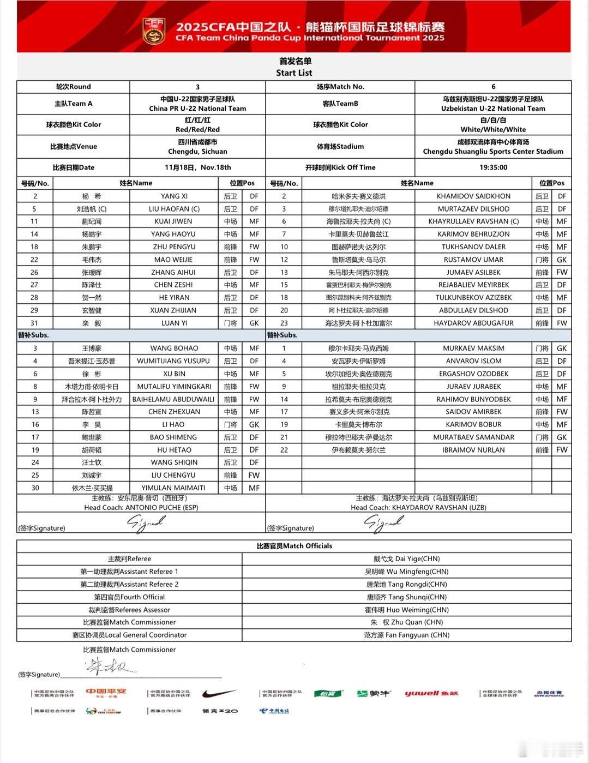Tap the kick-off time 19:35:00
493,167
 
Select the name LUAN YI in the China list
174,323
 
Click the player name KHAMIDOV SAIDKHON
473,196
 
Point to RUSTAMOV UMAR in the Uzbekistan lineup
473,260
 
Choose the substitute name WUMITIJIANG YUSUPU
173,361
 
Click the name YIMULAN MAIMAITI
173,488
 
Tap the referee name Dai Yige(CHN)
406,558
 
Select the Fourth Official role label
129,597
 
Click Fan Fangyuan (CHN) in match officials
406,635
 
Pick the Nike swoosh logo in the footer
219,694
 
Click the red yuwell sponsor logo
431,694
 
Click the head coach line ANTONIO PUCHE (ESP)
141,507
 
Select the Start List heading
294,73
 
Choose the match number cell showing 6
493,87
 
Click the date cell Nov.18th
197,167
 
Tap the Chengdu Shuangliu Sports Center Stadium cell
493,152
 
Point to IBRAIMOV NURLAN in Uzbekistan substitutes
473,450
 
